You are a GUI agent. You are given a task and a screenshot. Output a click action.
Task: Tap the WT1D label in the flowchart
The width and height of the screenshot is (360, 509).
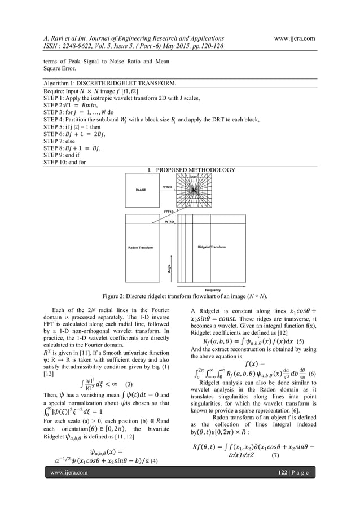click(168, 222)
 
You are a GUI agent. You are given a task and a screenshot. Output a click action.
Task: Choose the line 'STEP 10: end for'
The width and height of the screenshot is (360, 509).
click(67, 162)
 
